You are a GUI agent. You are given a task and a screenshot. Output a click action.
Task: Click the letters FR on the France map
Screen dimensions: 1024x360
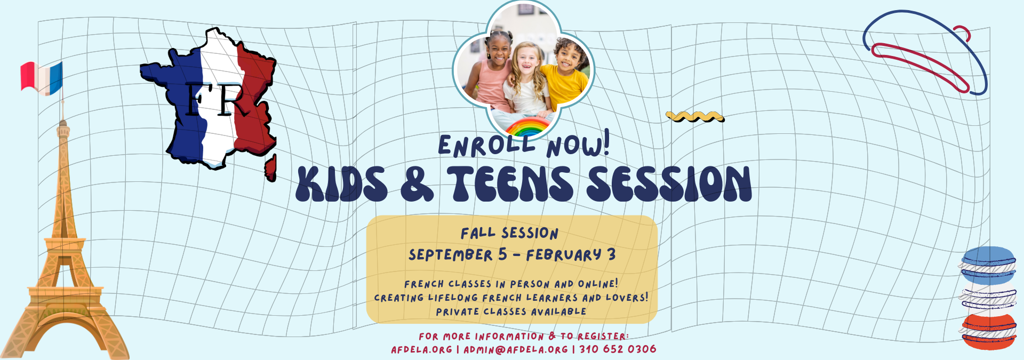pyautogui.click(x=216, y=99)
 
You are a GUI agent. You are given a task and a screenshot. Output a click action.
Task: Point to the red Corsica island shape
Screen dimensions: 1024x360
pyautogui.click(x=271, y=167)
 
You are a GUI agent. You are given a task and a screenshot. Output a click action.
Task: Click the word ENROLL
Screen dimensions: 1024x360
pyautogui.click(x=486, y=146)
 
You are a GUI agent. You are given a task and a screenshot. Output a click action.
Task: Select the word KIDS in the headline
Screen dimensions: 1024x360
pyautogui.click(x=342, y=184)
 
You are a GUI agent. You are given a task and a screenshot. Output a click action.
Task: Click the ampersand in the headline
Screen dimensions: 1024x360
pyautogui.click(x=417, y=184)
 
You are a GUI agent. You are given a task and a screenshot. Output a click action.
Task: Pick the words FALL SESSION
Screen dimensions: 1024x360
pyautogui.click(x=509, y=233)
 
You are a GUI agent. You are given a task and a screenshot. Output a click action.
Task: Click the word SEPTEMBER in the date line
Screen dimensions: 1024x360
pyautogui.click(x=451, y=255)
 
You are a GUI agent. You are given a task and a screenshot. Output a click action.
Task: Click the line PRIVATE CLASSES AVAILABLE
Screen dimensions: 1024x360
pyautogui.click(x=511, y=311)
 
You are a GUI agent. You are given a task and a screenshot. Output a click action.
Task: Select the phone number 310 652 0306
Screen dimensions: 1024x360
pyautogui.click(x=618, y=349)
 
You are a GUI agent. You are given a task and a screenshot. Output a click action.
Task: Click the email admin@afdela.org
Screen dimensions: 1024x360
pyautogui.click(x=516, y=349)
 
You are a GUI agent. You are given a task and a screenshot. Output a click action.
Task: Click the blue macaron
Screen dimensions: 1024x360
pyautogui.click(x=989, y=265)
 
